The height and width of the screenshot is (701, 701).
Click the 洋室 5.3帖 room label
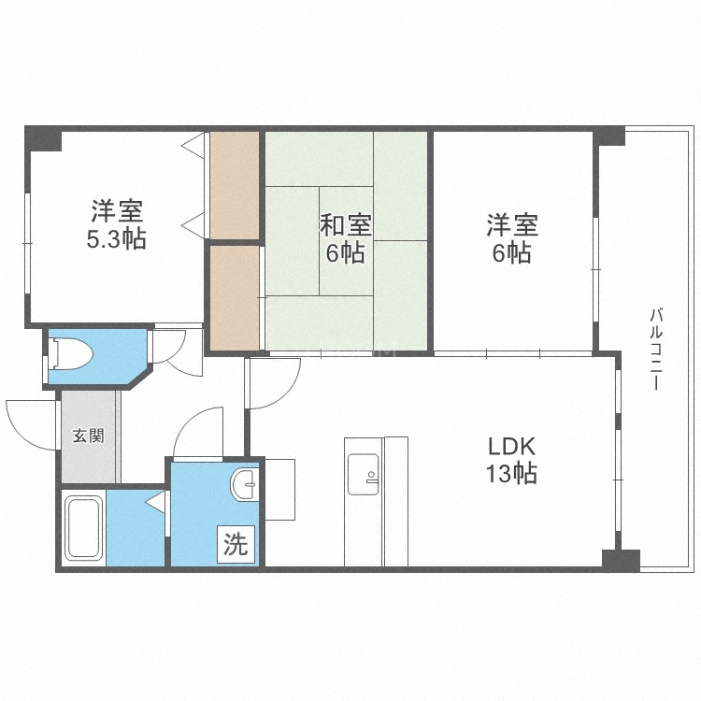pyautogui.click(x=116, y=224)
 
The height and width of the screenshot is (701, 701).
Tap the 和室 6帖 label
pyautogui.click(x=346, y=238)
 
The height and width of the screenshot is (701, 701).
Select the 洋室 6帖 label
pyautogui.click(x=510, y=238)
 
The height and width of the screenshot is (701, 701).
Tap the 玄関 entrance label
pyautogui.click(x=89, y=436)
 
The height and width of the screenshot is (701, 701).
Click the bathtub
pyautogui.click(x=82, y=528)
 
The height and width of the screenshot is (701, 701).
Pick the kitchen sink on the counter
pyautogui.click(x=362, y=473)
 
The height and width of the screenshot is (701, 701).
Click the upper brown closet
pyautogui.click(x=234, y=185)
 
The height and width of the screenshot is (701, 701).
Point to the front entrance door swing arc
pyautogui.click(x=30, y=418)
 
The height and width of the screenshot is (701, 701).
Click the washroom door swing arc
pyautogui.click(x=197, y=431)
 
